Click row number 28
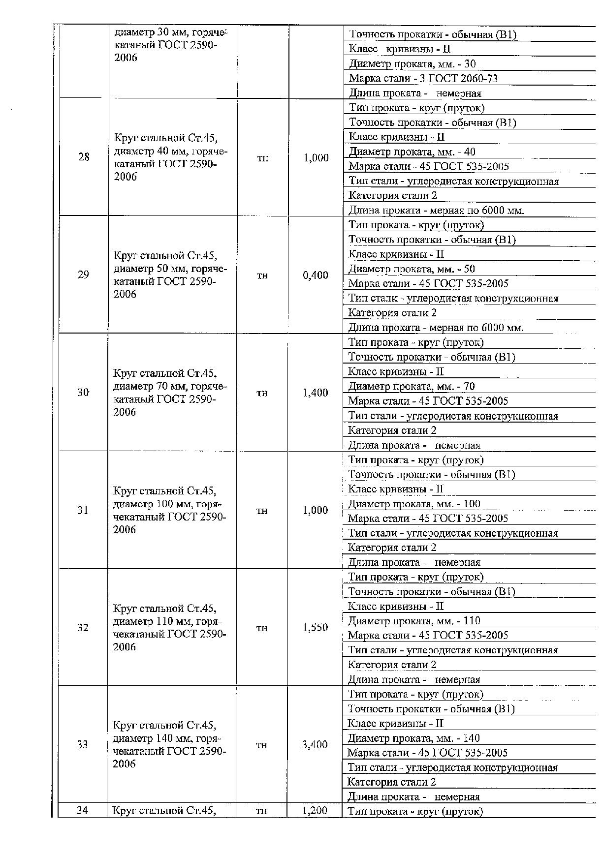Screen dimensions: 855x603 point(84,157)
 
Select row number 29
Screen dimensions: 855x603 point(83,275)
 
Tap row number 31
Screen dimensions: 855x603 point(83,510)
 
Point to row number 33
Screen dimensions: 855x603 point(82,744)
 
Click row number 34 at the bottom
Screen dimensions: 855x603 point(82,810)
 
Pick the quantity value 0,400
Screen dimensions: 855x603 point(316,275)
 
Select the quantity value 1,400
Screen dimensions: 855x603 point(316,393)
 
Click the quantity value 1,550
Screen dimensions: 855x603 point(315,628)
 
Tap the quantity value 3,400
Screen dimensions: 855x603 point(315,745)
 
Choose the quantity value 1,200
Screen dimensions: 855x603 point(315,810)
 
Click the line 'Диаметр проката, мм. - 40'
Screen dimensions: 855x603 point(412,152)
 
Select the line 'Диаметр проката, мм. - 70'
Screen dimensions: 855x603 point(412,386)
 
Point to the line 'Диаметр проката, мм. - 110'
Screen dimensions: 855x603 point(414,621)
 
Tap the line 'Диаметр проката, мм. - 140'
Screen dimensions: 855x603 point(413,738)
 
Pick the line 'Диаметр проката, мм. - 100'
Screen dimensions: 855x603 point(414,504)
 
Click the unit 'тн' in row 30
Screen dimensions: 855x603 point(262,393)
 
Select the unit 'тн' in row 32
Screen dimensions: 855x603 point(262,628)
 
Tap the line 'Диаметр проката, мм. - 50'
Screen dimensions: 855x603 point(412,269)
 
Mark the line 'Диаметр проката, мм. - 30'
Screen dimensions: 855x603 point(412,63)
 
